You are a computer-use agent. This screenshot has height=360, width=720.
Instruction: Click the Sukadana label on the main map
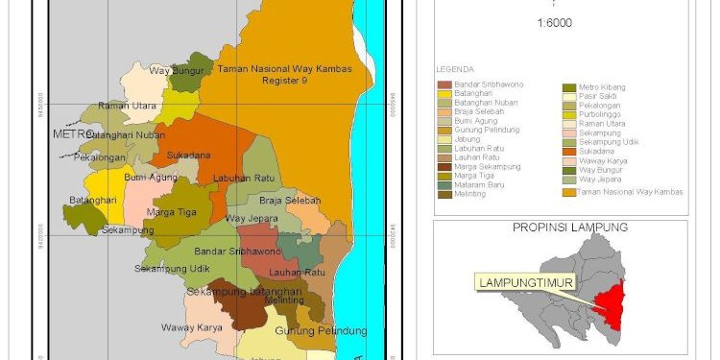click(x=188, y=154)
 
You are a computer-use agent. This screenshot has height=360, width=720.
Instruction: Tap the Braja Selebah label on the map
click(x=287, y=201)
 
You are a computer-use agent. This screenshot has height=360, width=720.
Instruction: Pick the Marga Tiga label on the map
click(x=172, y=212)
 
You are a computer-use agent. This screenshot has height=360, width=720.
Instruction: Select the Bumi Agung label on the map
click(x=151, y=178)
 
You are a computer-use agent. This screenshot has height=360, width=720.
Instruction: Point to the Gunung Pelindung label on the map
click(x=321, y=331)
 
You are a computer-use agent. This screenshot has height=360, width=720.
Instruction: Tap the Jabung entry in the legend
click(x=468, y=139)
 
